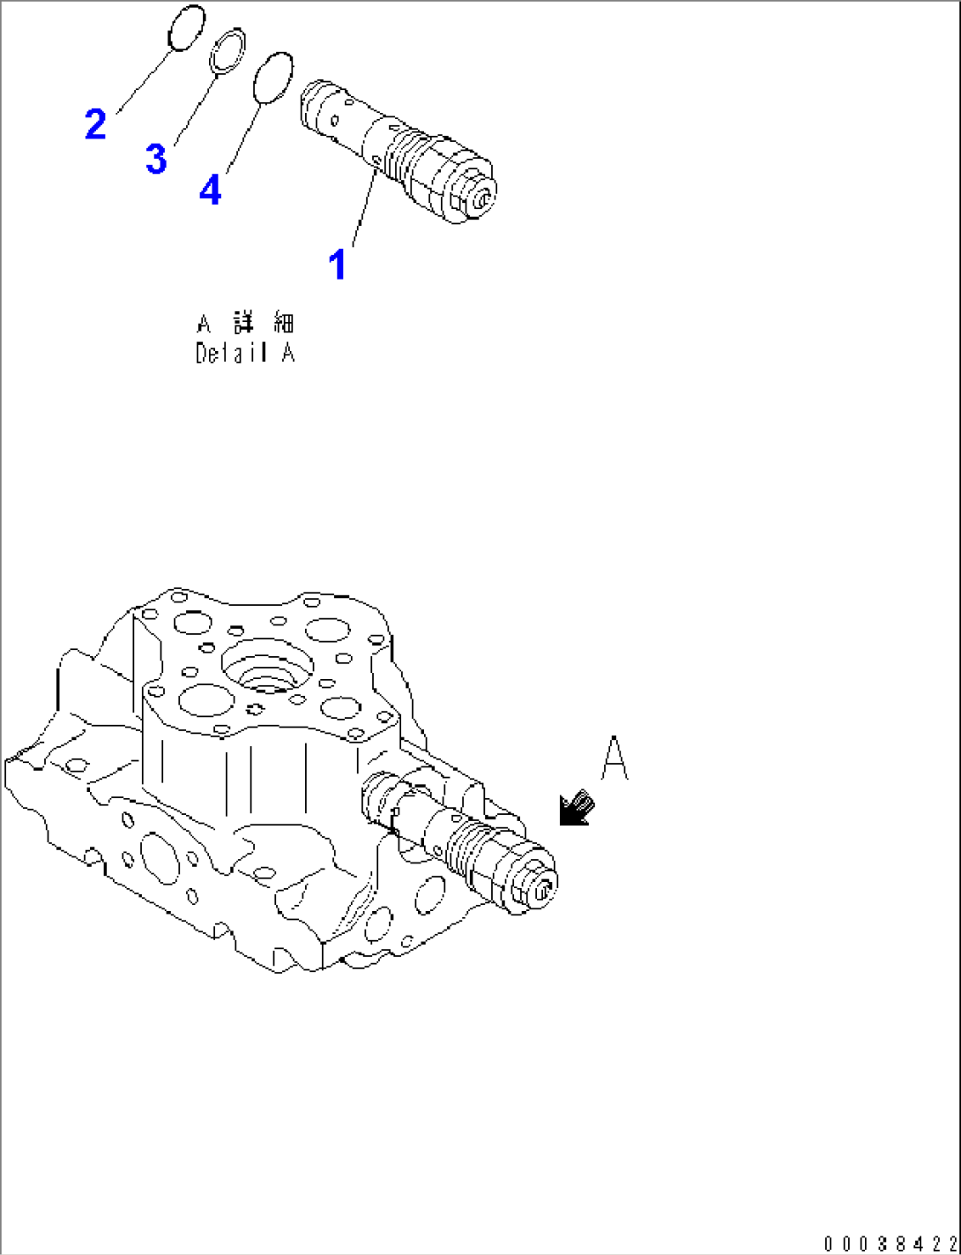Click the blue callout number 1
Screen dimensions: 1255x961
337,264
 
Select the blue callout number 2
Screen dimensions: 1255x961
95,123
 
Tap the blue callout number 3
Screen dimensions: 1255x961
156,160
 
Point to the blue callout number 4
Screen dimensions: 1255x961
210,190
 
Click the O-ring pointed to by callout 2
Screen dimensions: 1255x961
186,28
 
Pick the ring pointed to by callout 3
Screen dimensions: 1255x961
227,52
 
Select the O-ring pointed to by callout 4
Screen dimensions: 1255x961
272,78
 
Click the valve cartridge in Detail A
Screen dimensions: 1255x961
397,150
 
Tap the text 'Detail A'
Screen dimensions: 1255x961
245,354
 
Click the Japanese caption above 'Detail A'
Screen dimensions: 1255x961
245,322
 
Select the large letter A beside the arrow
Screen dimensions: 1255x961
615,759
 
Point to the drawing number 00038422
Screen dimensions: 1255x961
890,1244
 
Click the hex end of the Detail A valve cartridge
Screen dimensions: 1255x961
479,198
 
